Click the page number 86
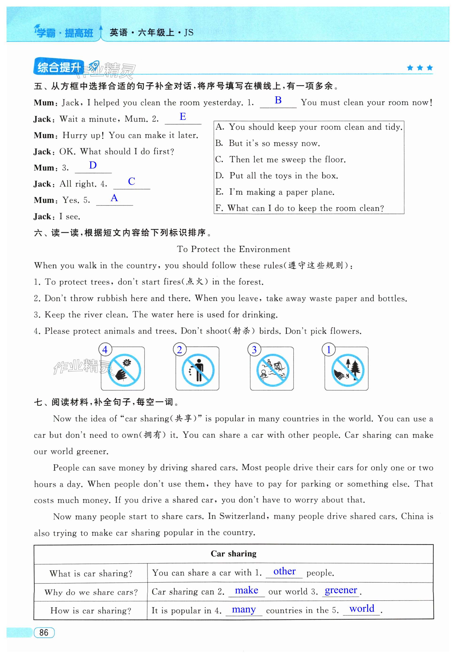(44, 632)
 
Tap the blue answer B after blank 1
(278, 100)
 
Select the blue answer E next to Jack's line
(183, 116)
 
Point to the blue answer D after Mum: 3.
(93, 165)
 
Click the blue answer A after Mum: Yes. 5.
(114, 198)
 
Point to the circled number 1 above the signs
(329, 350)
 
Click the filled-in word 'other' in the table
(284, 571)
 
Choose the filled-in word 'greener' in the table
(341, 590)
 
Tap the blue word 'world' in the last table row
(362, 609)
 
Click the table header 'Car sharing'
(234, 554)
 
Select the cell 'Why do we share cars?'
(91, 592)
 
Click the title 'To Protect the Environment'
(234, 249)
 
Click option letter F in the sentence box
(219, 208)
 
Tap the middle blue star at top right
(420, 68)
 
